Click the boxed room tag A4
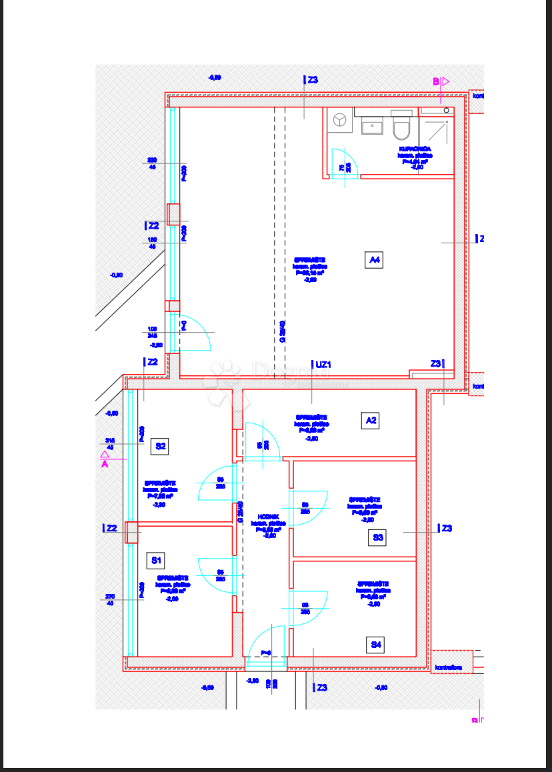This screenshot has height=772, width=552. point(375,259)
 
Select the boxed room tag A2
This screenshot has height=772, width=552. point(371,420)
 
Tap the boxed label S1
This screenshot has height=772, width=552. point(157,560)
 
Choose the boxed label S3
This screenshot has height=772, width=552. point(378,537)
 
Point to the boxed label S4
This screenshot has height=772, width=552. point(377,645)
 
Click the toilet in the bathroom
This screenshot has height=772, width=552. point(401,125)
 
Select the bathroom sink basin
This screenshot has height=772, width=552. point(372,125)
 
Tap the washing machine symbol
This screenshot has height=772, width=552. point(341,120)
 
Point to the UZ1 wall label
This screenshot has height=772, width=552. point(323,365)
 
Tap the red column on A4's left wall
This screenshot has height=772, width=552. point(173,215)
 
